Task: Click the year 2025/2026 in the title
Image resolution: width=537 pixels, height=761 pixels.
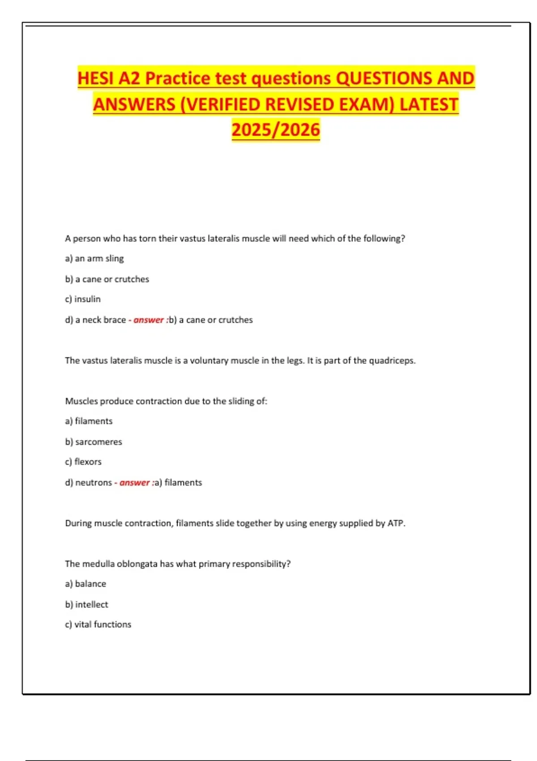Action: coord(276,130)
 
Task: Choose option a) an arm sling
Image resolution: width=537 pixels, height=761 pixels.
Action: coord(94,258)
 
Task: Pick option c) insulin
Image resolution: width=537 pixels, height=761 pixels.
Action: coord(83,299)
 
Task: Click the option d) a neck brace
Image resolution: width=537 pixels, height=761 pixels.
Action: coord(95,320)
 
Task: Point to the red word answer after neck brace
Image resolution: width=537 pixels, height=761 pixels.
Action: coord(148,320)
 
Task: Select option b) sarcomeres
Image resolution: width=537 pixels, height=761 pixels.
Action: coord(94,442)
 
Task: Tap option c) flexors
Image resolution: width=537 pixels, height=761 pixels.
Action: coord(83,462)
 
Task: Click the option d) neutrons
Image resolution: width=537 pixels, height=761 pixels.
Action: coord(89,483)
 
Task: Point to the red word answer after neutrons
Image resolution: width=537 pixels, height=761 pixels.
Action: coord(134,483)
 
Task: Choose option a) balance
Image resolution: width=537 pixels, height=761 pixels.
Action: coord(85,584)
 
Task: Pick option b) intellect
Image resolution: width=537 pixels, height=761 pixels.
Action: coord(86,604)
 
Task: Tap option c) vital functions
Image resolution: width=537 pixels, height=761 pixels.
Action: coord(98,624)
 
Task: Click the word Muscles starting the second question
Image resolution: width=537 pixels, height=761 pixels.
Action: coord(81,401)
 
